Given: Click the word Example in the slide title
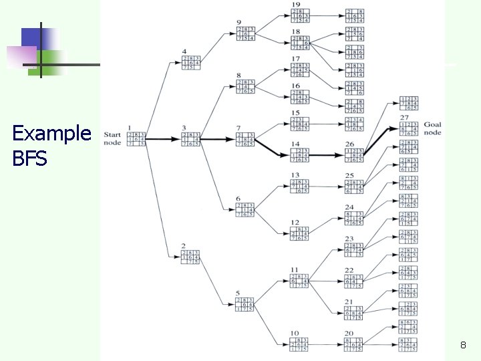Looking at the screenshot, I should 51,134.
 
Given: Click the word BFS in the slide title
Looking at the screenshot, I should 29,159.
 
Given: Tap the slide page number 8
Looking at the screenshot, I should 462,346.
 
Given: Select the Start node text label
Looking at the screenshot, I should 112,137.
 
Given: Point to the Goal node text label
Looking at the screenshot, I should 432,128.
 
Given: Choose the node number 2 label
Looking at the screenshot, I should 183,247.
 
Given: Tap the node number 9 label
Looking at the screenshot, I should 238,23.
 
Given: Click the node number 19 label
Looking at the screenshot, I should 295,5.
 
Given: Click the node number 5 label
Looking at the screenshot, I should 238,293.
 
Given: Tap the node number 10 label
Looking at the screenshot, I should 295,332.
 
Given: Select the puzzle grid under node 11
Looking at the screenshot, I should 300,282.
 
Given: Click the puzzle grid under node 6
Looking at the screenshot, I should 246,209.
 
